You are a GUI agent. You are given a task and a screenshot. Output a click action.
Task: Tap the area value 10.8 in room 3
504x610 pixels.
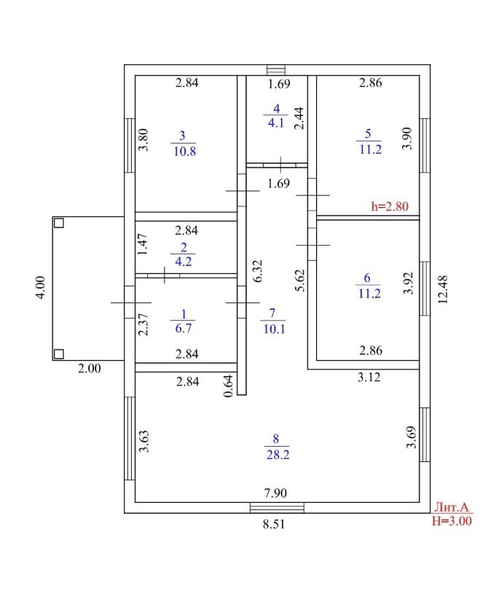coord(183,152)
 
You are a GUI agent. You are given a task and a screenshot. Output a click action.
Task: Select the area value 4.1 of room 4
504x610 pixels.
coord(275,122)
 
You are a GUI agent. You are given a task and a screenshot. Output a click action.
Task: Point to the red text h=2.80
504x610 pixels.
coord(390,206)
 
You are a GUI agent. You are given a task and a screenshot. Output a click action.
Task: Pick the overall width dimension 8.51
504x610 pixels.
coord(275,524)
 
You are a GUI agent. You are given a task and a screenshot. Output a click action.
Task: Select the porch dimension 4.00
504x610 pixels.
coord(42,287)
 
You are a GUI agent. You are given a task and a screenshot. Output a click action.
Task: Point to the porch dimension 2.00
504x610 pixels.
coord(89,369)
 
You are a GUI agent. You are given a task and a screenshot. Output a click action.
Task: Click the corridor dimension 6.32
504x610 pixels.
coord(257,271)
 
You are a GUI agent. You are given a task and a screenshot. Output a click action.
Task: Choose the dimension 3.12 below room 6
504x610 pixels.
coord(367,378)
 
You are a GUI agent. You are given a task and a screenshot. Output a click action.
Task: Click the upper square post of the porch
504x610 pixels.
coord(59,223)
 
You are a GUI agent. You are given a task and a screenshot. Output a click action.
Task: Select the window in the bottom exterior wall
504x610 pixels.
coord(277,508)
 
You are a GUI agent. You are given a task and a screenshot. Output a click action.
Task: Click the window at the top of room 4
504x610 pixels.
coord(275,70)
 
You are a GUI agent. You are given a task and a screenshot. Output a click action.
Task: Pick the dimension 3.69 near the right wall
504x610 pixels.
coord(410,437)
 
